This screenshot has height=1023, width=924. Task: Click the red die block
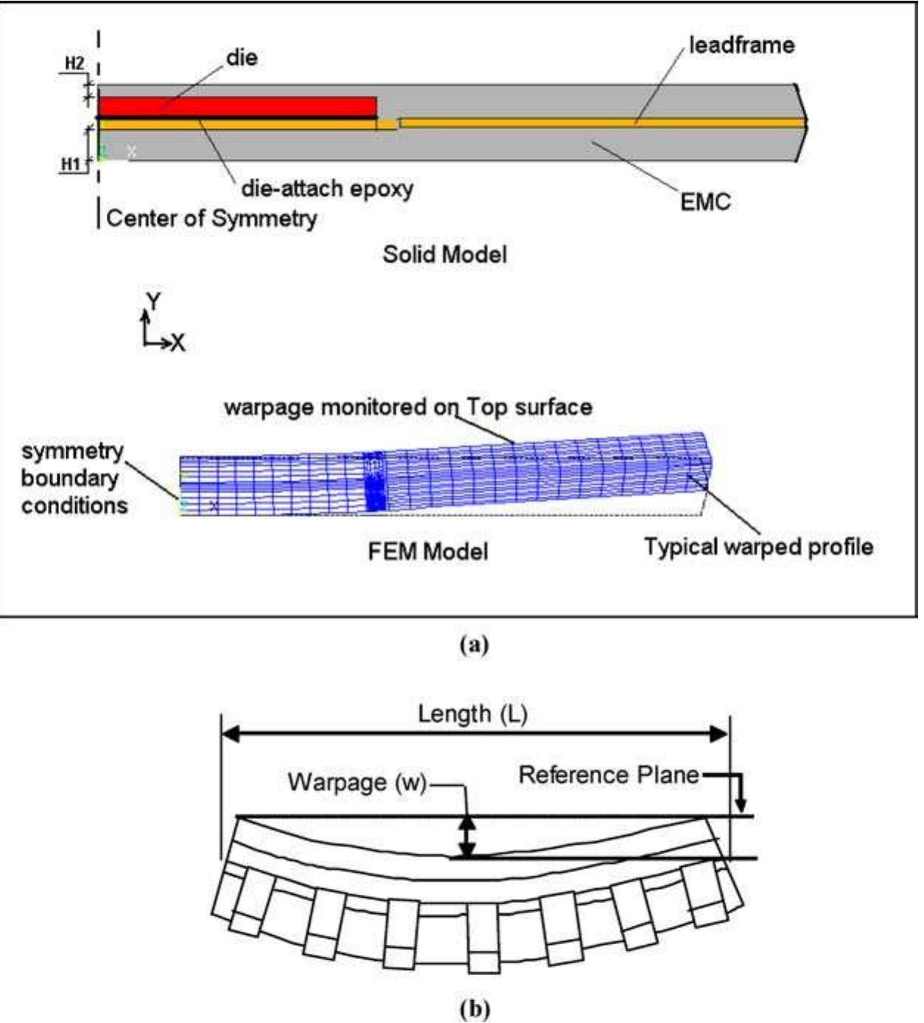tap(237, 106)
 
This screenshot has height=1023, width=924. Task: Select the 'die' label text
tap(241, 57)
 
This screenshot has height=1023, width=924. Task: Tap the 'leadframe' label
tap(741, 45)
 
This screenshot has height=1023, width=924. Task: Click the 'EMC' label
tap(705, 202)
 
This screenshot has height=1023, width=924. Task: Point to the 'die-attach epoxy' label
tap(327, 189)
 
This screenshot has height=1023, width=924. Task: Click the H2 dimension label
tap(74, 63)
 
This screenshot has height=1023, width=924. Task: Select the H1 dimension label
tap(70, 164)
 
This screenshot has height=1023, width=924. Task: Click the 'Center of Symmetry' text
tap(211, 219)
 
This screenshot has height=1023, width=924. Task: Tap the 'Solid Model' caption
tap(445, 255)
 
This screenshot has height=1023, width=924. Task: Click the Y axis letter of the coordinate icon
tap(153, 301)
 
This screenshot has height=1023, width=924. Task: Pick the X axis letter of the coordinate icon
tap(177, 343)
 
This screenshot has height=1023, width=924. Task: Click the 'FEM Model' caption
tap(428, 551)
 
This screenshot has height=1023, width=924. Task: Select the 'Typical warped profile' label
tap(758, 547)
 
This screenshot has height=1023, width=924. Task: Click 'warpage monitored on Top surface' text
tap(408, 407)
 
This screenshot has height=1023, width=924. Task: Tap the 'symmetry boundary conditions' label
tap(73, 478)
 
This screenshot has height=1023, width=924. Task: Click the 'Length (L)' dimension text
tap(472, 714)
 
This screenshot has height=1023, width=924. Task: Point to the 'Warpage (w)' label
tap(357, 781)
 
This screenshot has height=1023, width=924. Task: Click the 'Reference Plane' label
tap(608, 775)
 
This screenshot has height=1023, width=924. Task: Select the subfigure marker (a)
tap(473, 645)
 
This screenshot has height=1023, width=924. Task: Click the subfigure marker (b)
tap(473, 1008)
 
